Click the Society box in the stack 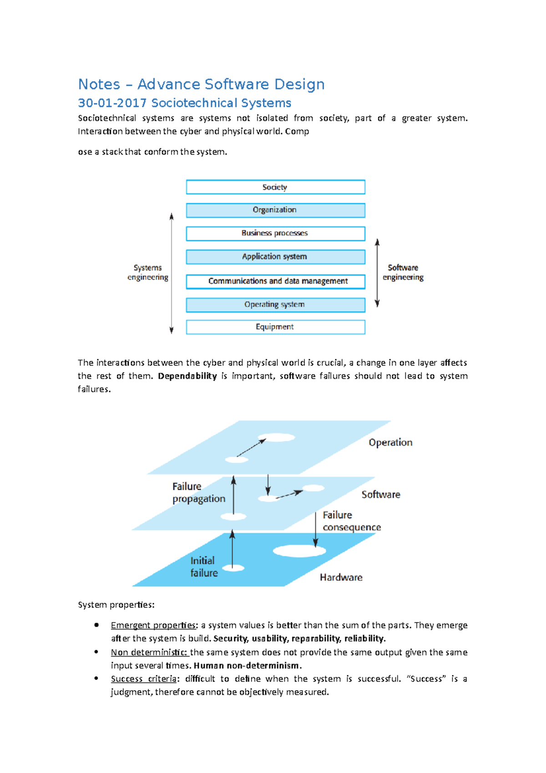275,187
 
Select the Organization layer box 275,210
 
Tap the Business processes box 275,233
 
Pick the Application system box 275,257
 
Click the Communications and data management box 275,281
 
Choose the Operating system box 275,305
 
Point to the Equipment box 275,327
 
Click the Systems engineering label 147,272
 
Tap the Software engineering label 403,272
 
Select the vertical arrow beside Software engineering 377,273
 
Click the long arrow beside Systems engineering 172,273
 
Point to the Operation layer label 390,442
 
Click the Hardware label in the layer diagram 341,577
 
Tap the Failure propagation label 198,493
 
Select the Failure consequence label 351,521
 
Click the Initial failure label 204,567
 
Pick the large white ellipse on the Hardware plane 299,551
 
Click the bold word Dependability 187,376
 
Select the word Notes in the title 99,84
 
